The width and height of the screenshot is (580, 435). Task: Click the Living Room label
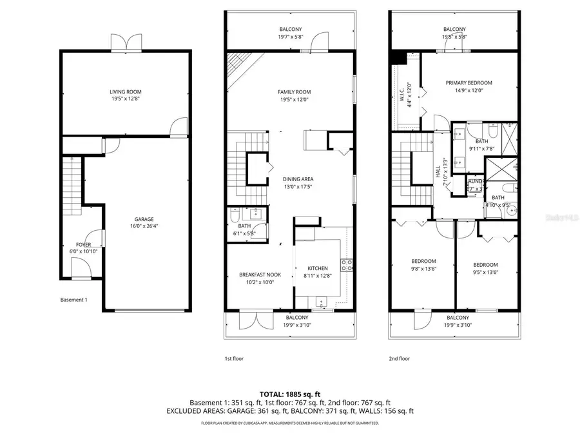coord(126,92)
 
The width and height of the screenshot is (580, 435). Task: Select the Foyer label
coord(84,245)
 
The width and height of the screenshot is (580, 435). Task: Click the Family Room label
coord(290,92)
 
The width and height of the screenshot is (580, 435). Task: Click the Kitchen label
coord(318,268)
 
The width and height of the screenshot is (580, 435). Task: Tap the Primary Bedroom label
coord(470,82)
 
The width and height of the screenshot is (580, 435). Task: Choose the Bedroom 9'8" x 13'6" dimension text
coord(424,269)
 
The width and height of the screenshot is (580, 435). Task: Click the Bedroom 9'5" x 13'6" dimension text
coord(485,272)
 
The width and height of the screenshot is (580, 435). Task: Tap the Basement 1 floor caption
coord(73,300)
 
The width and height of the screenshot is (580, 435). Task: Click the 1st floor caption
coord(233,358)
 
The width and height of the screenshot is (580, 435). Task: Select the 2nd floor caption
coord(399,358)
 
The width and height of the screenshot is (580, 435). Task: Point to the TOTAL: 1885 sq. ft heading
coord(289,393)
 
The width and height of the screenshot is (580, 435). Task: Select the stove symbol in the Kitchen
coord(347,263)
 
